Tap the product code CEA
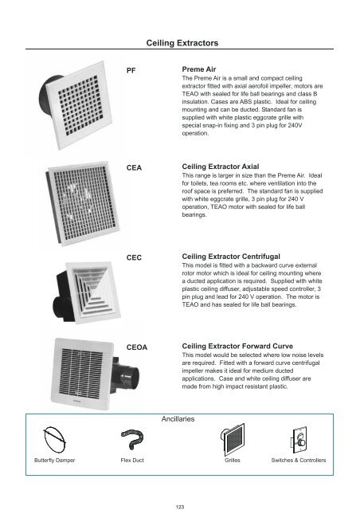coord(137,167)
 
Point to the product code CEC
coord(137,258)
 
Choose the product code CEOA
coord(140,348)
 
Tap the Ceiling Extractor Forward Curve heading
coord(240,348)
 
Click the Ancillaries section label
coord(181,418)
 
